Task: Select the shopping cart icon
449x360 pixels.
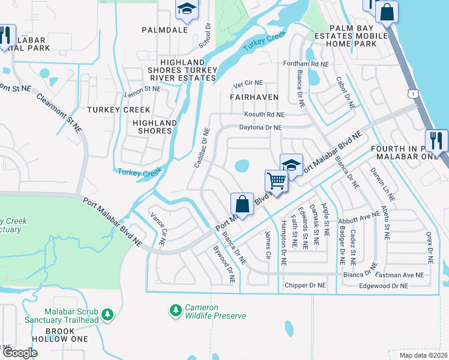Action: point(276,180)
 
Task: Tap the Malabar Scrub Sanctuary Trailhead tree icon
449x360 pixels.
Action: point(107,314)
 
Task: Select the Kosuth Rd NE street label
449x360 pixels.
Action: point(264,115)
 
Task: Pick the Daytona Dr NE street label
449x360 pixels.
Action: point(260,127)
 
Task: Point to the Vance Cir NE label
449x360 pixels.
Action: point(157,229)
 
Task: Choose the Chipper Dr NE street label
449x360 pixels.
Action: point(305,285)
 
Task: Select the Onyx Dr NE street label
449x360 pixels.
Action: point(429,247)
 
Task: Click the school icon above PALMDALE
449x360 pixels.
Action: point(186,9)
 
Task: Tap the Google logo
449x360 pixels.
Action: point(20,352)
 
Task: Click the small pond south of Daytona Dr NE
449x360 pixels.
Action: point(241,165)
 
